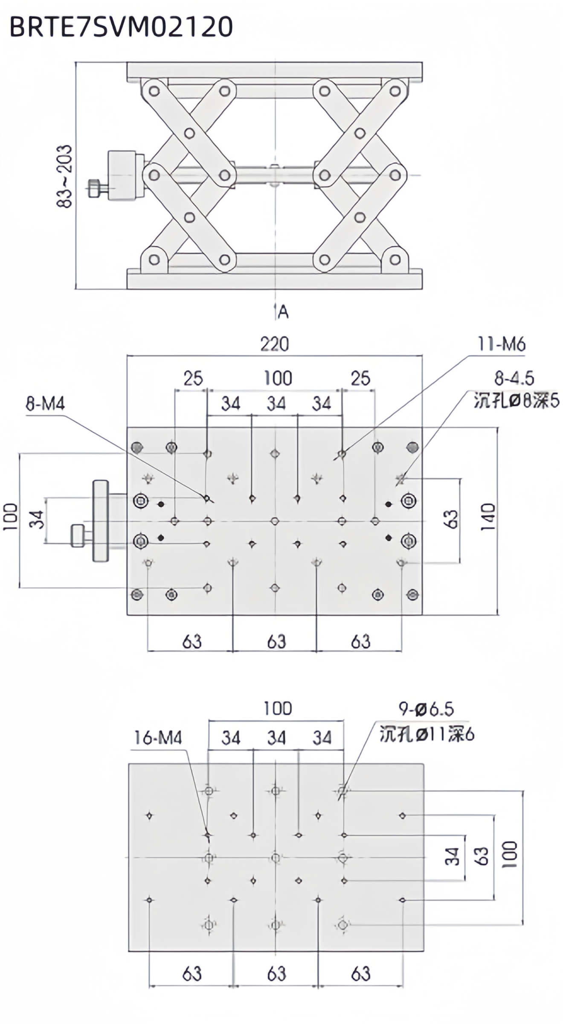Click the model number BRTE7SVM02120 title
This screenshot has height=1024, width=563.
tap(121, 26)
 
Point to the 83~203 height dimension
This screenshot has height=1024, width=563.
tap(65, 176)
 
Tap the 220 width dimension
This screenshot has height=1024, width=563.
tap(275, 344)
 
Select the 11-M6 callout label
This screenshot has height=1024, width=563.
tap(501, 344)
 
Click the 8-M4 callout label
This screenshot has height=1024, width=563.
tap(45, 404)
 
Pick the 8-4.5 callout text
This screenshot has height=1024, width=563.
tap(514, 378)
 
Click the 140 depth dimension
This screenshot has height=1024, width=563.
tap(488, 517)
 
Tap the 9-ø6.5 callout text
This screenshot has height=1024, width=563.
tap(426, 709)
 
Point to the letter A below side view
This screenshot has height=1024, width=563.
tap(283, 313)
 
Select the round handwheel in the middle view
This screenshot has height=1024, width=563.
tap(101, 521)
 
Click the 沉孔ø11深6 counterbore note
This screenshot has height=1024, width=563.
tap(427, 734)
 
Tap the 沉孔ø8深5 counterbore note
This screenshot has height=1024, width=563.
tap(516, 401)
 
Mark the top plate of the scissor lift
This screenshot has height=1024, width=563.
tap(275, 70)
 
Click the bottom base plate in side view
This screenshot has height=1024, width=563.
tap(275, 279)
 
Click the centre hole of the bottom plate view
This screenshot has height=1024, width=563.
tap(276, 858)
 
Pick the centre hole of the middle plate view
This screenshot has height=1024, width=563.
tap(275, 521)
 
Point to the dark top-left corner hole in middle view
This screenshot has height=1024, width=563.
tap(137, 447)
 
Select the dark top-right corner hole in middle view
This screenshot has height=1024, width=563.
tap(412, 447)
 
